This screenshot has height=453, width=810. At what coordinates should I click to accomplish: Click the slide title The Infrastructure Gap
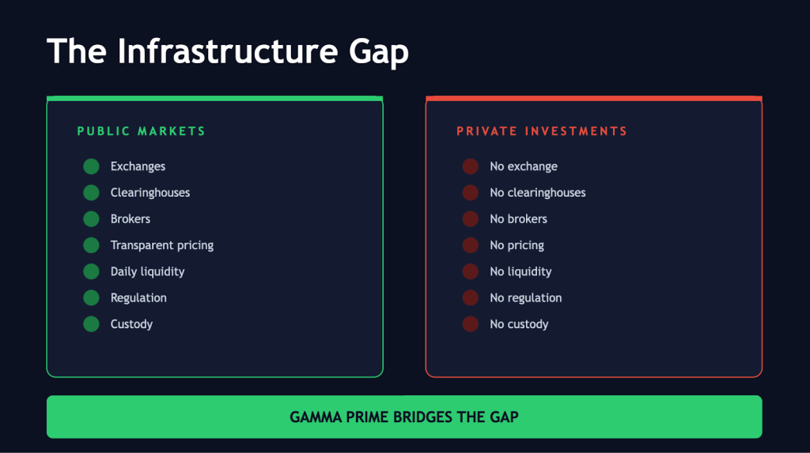[x=228, y=52]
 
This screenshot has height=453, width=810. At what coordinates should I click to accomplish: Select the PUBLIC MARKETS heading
[x=141, y=131]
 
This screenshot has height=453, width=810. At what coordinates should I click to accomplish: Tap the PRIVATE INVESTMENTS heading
[x=541, y=131]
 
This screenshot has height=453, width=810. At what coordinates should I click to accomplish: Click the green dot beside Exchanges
[x=91, y=167]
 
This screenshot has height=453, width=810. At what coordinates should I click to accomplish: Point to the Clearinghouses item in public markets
[x=150, y=193]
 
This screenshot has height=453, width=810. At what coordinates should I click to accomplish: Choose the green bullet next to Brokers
[x=91, y=219]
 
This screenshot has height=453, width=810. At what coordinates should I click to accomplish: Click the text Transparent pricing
[x=162, y=245]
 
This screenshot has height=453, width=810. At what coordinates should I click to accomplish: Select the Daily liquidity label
[x=147, y=271]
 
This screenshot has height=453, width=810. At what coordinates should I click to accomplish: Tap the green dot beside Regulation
[x=91, y=298]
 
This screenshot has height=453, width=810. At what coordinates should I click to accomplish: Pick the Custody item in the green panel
[x=131, y=324]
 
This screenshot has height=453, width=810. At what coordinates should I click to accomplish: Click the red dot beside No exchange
[x=471, y=167]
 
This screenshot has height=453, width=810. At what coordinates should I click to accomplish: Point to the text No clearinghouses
[x=538, y=193]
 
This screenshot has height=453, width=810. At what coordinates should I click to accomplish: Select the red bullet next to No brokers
[x=471, y=219]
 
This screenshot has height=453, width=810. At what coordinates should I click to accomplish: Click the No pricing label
[x=517, y=245]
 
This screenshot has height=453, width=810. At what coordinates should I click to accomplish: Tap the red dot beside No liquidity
[x=471, y=271]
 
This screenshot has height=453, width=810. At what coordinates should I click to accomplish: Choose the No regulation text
[x=526, y=298]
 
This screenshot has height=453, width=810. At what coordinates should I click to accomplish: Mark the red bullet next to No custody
[x=471, y=324]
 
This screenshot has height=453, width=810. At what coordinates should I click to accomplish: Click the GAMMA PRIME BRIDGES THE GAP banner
[x=404, y=417]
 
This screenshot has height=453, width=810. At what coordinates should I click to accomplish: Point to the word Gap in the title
[x=379, y=52]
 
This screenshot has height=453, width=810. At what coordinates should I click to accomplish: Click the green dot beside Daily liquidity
[x=91, y=271]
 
